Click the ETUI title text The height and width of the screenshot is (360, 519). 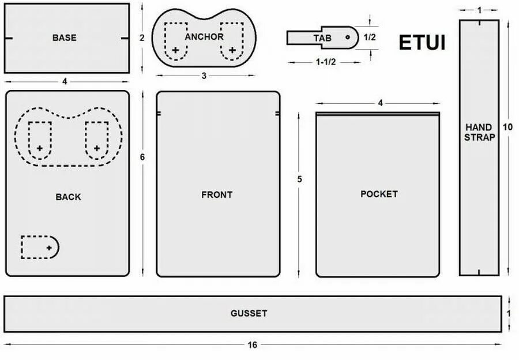coord(422,43)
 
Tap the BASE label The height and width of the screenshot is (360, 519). coord(64,38)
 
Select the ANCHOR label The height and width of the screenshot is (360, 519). coord(204,37)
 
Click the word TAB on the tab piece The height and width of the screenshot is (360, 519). coord(322,37)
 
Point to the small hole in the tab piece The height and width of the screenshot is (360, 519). coord(348,36)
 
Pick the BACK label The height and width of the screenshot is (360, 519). coord(68,197)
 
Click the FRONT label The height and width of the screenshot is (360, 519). coord(217,195)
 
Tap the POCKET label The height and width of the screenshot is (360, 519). coord(379,194)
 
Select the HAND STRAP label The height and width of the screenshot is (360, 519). coord(479,132)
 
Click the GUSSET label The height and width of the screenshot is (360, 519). coord(249,313)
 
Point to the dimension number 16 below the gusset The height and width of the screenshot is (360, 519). coord(252,345)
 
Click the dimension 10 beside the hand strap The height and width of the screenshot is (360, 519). coord(508,127)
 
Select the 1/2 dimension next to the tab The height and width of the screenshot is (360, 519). coord(370,37)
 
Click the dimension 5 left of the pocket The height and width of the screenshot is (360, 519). coord(299,179)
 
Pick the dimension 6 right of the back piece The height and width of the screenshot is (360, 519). coord(142,157)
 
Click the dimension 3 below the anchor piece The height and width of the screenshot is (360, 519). coord(204,76)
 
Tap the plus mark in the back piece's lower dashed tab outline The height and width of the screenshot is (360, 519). coord(49,247)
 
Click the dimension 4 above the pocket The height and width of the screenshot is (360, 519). coord(380,103)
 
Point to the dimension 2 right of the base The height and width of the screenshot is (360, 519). coord(142,38)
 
